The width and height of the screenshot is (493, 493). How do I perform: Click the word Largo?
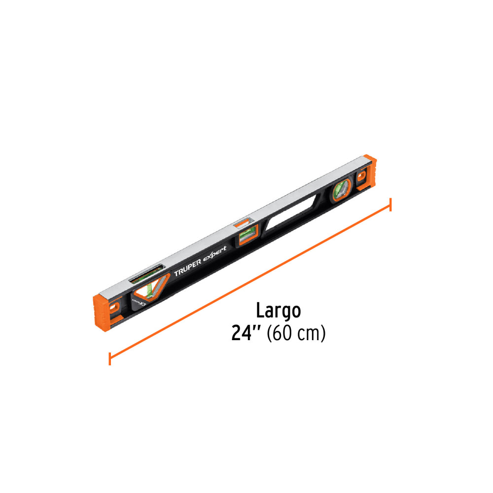click(278, 311)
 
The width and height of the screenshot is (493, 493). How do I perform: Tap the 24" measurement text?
click(246, 333)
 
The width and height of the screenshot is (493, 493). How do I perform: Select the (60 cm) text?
click(296, 333)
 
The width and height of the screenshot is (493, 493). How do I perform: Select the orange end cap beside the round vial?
click(366, 175)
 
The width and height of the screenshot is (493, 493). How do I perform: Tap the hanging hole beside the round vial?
click(363, 177)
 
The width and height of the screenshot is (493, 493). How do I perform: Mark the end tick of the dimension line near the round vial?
click(390, 204)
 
